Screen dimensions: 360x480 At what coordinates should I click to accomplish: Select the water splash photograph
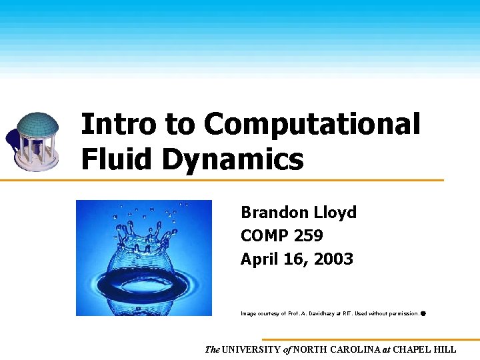coord(144,258)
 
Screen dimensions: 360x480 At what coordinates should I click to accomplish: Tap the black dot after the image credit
coord(424,312)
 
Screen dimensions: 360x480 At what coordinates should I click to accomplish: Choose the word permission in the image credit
coord(403,313)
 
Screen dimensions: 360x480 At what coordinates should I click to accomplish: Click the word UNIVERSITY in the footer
coord(252,349)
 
